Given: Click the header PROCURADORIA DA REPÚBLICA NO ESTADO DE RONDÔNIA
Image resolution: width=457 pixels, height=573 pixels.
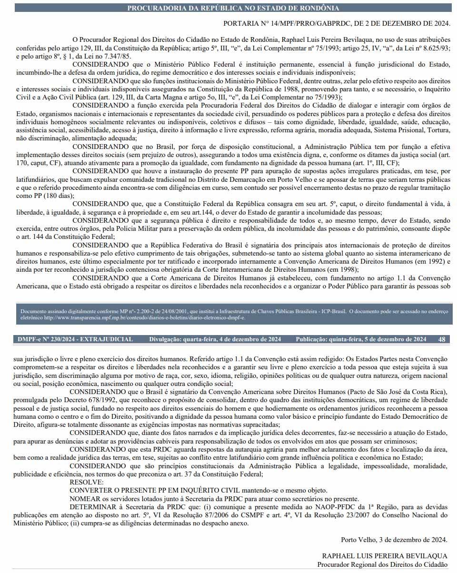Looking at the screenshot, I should tap(233, 8).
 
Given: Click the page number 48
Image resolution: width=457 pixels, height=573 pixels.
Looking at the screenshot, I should tap(442, 339).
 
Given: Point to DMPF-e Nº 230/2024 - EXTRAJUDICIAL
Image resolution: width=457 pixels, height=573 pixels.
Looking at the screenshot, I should tap(75, 339).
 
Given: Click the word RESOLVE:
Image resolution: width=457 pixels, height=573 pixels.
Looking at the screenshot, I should tap(83, 482).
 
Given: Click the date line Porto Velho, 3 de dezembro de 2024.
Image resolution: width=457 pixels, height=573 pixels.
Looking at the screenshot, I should tap(394, 540).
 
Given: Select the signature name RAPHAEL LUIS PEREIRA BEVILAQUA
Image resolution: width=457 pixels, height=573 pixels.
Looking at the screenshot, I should tap(385, 556).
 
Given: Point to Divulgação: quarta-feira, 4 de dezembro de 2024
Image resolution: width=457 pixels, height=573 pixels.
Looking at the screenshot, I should tap(215, 339).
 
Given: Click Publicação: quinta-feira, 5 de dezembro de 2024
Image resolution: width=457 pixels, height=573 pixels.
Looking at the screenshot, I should tap(361, 339).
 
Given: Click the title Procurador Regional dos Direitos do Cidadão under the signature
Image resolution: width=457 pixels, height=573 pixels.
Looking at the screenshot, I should tap(383, 564).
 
